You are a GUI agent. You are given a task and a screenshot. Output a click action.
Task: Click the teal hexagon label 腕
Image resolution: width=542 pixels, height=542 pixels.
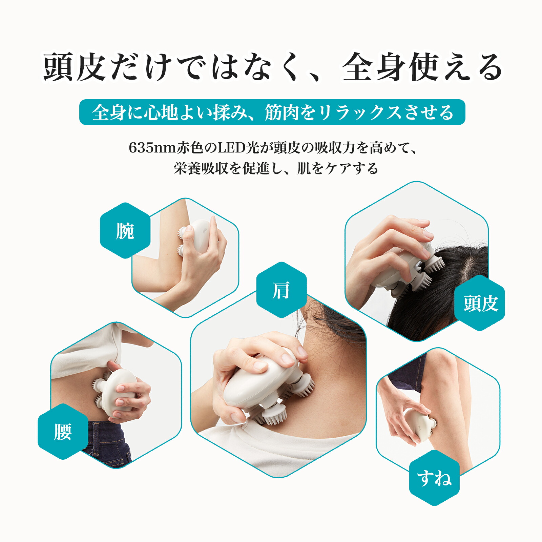(125, 231)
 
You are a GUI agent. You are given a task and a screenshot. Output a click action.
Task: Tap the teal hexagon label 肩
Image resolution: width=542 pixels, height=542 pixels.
(281, 290)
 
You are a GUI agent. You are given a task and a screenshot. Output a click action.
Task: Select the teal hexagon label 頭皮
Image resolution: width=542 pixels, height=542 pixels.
(480, 303)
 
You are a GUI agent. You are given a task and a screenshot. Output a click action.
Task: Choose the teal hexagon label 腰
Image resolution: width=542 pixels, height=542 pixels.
(63, 432)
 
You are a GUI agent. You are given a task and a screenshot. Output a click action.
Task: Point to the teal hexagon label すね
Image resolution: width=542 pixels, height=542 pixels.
(434, 478)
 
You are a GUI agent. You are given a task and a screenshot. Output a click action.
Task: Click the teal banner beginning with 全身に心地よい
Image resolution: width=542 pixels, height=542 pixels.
(272, 112)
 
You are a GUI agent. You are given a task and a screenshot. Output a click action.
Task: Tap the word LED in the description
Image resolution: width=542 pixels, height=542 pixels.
(231, 148)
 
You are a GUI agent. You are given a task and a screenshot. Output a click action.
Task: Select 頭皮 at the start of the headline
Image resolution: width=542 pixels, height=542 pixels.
(73, 67)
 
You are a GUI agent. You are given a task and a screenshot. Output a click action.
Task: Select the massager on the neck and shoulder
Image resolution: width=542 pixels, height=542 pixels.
(264, 386)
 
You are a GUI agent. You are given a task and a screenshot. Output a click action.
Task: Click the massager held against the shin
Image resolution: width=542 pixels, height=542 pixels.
(420, 425)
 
